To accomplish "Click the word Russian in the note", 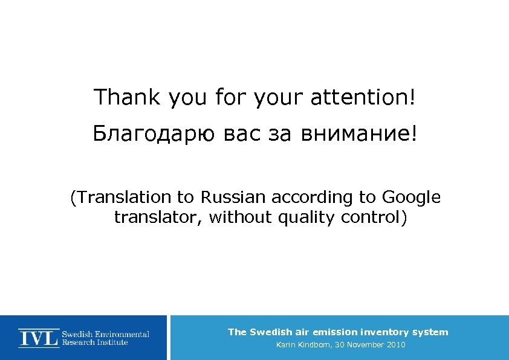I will click(x=234, y=198).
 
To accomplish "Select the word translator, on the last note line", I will click(x=158, y=217).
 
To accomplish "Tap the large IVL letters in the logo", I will click(x=39, y=338).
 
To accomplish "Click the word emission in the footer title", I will click(x=335, y=332).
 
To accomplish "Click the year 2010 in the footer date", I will click(x=395, y=345).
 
